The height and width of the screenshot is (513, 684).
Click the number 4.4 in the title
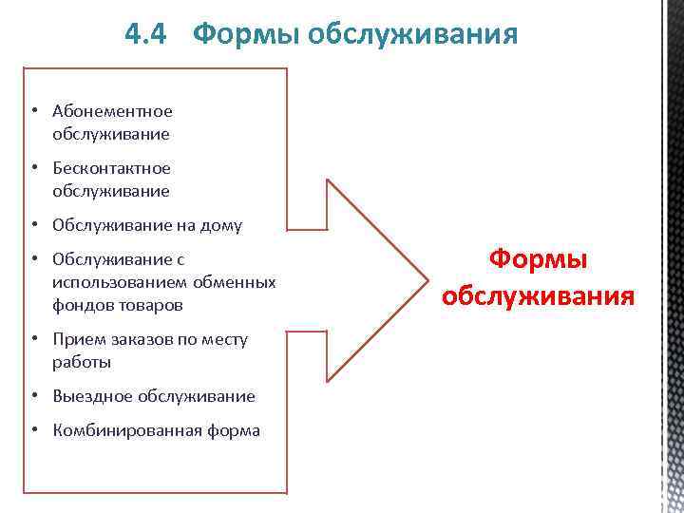coord(146,35)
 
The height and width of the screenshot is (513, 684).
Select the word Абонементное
coord(112,111)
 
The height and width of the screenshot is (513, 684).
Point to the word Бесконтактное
coord(112,168)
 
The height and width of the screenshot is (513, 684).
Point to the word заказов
coord(144,339)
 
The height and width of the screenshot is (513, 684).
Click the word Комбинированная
coord(125,430)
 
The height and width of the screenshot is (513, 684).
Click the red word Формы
coord(538,258)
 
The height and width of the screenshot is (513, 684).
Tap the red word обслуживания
coord(538,295)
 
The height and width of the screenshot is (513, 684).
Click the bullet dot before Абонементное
coord(32,111)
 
